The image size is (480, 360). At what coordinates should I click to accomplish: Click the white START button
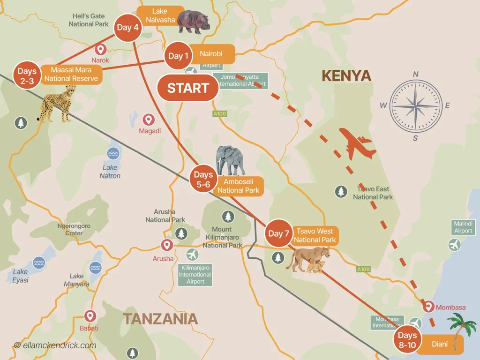[187, 88]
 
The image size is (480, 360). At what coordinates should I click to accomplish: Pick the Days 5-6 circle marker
[203, 180]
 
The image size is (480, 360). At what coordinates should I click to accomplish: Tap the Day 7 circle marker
[278, 233]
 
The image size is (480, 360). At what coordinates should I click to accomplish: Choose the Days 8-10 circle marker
[407, 340]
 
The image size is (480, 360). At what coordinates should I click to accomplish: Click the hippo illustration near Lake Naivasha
[193, 22]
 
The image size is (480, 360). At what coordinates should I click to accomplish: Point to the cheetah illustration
[56, 104]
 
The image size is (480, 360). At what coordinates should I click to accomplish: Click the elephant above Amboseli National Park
[231, 161]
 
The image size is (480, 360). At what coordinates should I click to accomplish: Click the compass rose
[415, 105]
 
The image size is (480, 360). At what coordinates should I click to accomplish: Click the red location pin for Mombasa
[427, 307]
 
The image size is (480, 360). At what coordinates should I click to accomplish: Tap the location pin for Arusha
[166, 245]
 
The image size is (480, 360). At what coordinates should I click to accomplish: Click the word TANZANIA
[160, 319]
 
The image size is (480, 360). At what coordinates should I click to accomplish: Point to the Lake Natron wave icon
[113, 153]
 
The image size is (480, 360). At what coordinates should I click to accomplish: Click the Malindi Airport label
[463, 227]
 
